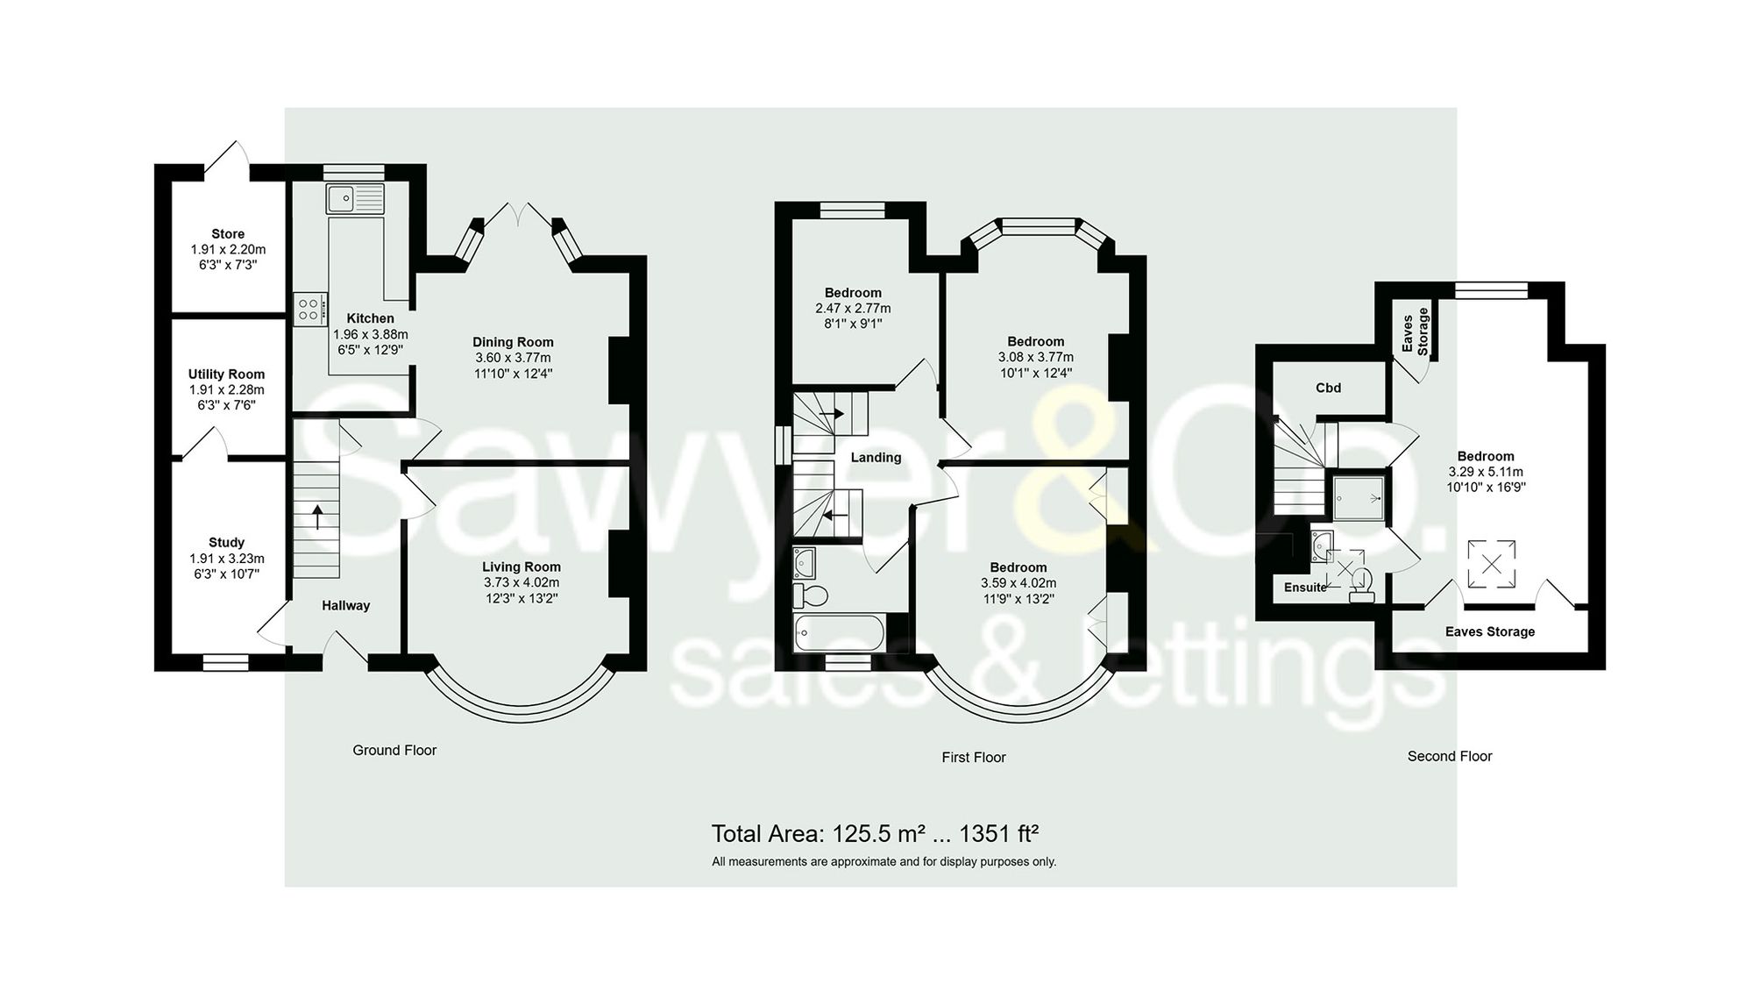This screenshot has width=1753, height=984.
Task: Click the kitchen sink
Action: click(x=354, y=199)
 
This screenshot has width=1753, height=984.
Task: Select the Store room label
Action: click(x=228, y=234)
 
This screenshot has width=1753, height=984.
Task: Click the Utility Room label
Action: click(x=226, y=374)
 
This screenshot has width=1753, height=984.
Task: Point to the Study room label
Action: click(x=227, y=543)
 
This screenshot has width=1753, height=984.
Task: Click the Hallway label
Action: click(x=345, y=605)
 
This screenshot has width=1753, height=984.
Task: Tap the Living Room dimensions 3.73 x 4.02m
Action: click(x=522, y=582)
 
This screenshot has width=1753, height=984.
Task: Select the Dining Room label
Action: click(x=513, y=342)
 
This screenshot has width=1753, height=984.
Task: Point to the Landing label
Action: click(x=876, y=457)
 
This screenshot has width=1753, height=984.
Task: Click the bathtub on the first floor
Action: click(x=840, y=632)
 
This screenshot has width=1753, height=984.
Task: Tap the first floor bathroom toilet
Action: click(x=811, y=596)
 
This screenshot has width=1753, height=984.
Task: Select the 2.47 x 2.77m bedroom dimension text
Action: click(x=853, y=309)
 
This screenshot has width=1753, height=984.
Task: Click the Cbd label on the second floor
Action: click(x=1328, y=388)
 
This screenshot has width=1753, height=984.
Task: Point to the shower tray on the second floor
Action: click(x=1359, y=498)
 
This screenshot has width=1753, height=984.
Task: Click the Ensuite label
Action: click(x=1305, y=588)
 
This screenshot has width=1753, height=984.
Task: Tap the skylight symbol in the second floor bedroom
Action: click(x=1491, y=564)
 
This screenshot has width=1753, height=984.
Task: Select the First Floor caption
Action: click(x=973, y=757)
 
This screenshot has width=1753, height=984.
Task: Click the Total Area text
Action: click(x=875, y=833)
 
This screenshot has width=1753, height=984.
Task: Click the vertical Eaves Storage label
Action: click(x=1416, y=331)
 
